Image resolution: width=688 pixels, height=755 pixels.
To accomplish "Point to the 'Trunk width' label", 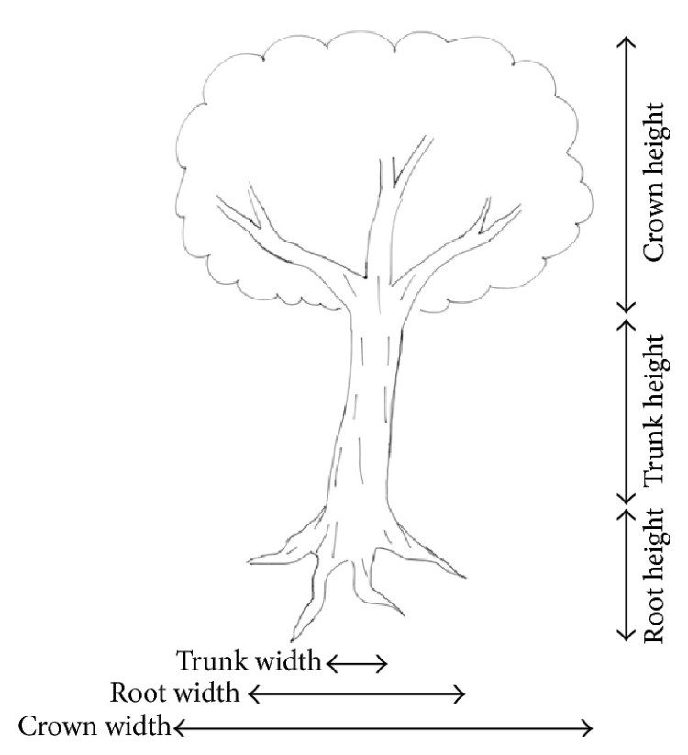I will pyautogui.click(x=249, y=660).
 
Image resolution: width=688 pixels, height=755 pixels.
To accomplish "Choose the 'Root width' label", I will pyautogui.click(x=176, y=692).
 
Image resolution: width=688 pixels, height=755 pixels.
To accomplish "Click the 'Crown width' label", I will pyautogui.click(x=94, y=727).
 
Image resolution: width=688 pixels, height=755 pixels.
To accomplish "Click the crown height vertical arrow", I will pyautogui.click(x=626, y=175).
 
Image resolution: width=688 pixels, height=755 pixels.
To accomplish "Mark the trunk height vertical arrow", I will pyautogui.click(x=626, y=410).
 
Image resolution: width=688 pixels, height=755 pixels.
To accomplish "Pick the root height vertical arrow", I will pyautogui.click(x=626, y=571).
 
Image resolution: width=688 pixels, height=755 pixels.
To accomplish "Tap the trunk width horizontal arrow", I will pyautogui.click(x=357, y=661).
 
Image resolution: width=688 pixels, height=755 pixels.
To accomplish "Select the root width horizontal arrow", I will pyautogui.click(x=357, y=693).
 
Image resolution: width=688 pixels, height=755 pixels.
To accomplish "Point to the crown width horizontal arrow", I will pyautogui.click(x=383, y=728).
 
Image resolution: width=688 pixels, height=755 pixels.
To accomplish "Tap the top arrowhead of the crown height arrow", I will pyautogui.click(x=626, y=41).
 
